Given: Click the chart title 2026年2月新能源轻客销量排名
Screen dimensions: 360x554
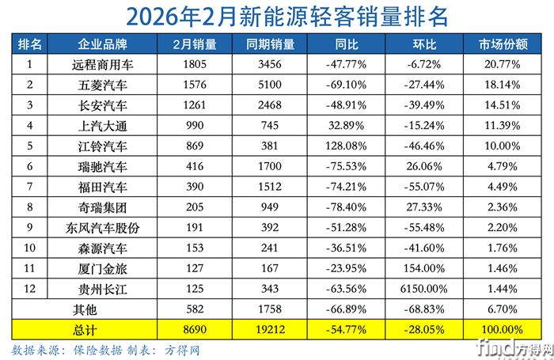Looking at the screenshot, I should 276,15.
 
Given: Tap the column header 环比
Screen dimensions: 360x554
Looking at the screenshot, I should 421,42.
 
